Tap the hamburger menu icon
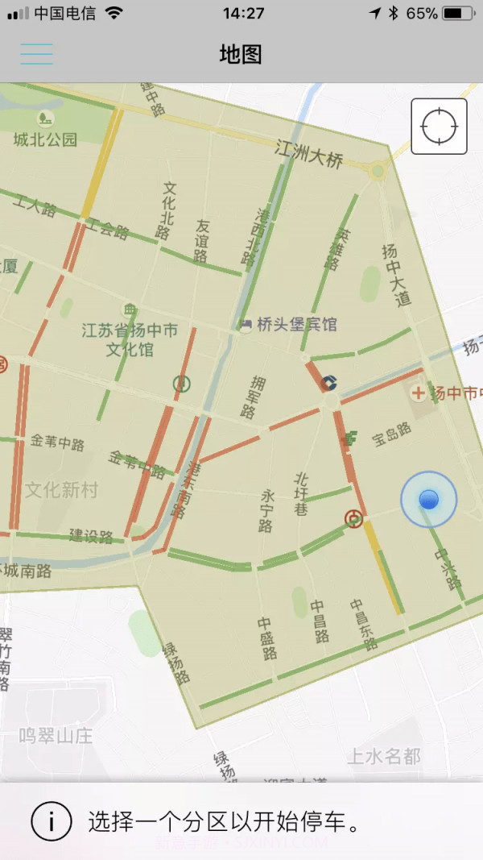(x=37, y=54)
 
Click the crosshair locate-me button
(x=439, y=126)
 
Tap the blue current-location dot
(x=428, y=500)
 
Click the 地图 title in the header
(x=241, y=54)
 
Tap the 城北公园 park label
(x=45, y=139)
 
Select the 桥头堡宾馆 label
(x=296, y=324)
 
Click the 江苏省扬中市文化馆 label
(x=130, y=339)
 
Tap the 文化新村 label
(x=61, y=489)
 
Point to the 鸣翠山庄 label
(x=56, y=735)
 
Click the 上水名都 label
(x=384, y=756)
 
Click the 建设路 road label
(x=91, y=536)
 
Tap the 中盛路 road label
(x=268, y=638)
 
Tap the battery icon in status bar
(x=457, y=14)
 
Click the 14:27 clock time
(x=243, y=14)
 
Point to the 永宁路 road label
(x=267, y=510)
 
